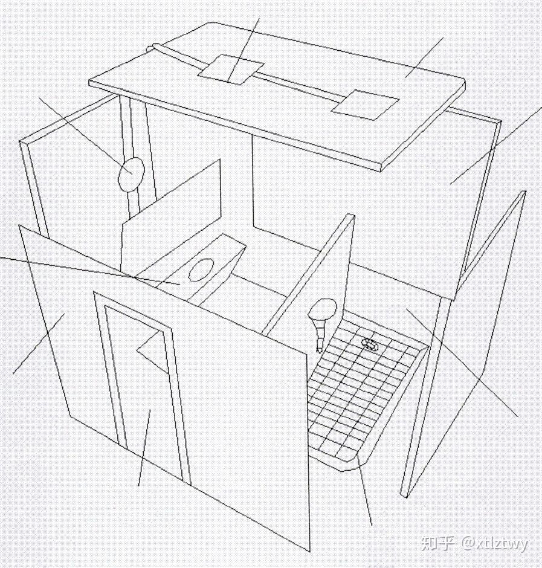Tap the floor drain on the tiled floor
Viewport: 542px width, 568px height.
coord(370,344)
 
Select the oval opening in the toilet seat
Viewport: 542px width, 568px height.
coord(201,269)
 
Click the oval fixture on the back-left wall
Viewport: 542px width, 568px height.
coord(131,175)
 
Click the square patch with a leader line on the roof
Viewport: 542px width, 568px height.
coord(231,70)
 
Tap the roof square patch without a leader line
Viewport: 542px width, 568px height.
coord(365,105)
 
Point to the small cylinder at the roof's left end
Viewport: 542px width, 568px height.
coord(156,47)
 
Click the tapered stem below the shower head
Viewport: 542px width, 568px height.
coord(318,334)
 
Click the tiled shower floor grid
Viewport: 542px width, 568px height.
coord(363,393)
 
